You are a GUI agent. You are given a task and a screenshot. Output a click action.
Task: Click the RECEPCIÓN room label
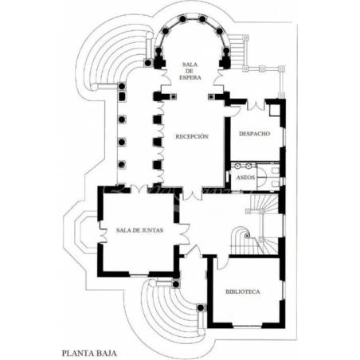click(192, 136)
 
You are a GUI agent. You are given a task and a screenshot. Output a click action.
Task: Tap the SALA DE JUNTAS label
click(139, 230)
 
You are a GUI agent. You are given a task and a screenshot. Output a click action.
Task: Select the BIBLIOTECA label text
click(243, 292)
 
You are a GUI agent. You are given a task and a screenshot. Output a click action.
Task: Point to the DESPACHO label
click(255, 134)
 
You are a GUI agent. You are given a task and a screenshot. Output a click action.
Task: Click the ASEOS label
click(245, 177)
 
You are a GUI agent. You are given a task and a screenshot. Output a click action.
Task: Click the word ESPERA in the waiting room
click(190, 77)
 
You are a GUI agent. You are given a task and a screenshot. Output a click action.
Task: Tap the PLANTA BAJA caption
click(89, 353)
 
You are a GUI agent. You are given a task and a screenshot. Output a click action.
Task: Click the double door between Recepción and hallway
click(192, 194)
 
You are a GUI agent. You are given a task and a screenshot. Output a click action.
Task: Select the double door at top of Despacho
click(256, 105)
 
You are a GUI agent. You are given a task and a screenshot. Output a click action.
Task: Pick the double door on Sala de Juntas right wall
click(184, 234)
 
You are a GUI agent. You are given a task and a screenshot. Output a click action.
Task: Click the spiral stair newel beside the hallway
click(247, 235)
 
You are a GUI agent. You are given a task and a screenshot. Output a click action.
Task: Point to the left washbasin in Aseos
click(237, 166)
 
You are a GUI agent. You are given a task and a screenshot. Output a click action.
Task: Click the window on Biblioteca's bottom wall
click(248, 326)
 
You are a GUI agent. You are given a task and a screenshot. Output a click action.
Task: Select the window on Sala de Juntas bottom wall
click(139, 275)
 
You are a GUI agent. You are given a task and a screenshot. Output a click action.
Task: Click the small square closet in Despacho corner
click(275, 110)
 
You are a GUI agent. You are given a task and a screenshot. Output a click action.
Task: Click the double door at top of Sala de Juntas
click(139, 190)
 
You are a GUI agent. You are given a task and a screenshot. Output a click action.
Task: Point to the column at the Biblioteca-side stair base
click(201, 307)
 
